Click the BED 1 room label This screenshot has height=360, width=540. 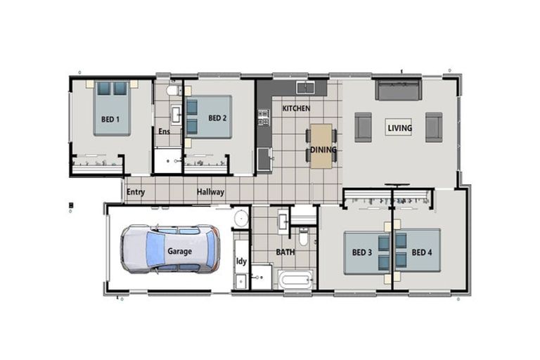[x=110, y=119]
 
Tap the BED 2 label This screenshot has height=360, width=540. [x=217, y=118]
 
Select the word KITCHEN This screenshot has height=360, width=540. [x=296, y=108]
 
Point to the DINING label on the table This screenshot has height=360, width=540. [x=323, y=150]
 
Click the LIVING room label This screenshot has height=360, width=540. [x=399, y=128]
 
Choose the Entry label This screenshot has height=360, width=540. [x=136, y=192]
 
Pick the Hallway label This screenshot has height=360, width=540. [x=210, y=192]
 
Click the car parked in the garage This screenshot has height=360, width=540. [x=169, y=249]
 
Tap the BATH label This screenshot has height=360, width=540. [x=285, y=251]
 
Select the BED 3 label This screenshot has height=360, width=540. [x=361, y=252]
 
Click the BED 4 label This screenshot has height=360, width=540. [x=422, y=252]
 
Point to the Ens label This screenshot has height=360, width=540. [x=164, y=131]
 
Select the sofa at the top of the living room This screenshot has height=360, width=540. [x=398, y=91]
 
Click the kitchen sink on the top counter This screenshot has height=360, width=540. [x=305, y=87]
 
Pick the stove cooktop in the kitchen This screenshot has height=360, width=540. [x=263, y=117]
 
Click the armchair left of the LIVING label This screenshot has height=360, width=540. [x=363, y=127]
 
